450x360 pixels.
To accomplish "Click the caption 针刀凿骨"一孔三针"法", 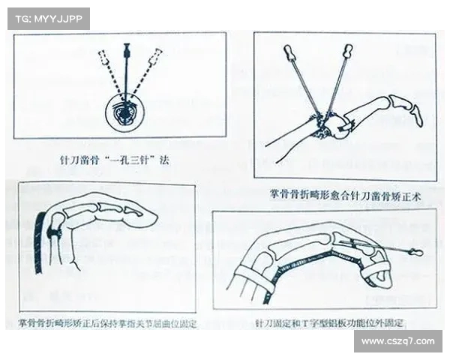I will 119,159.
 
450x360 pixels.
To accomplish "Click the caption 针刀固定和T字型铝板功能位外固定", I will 329,323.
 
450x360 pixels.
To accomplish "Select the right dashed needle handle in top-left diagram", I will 157,55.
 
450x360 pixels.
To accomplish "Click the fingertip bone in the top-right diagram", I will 415,112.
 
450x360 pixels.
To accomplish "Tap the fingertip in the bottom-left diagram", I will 149,219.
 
